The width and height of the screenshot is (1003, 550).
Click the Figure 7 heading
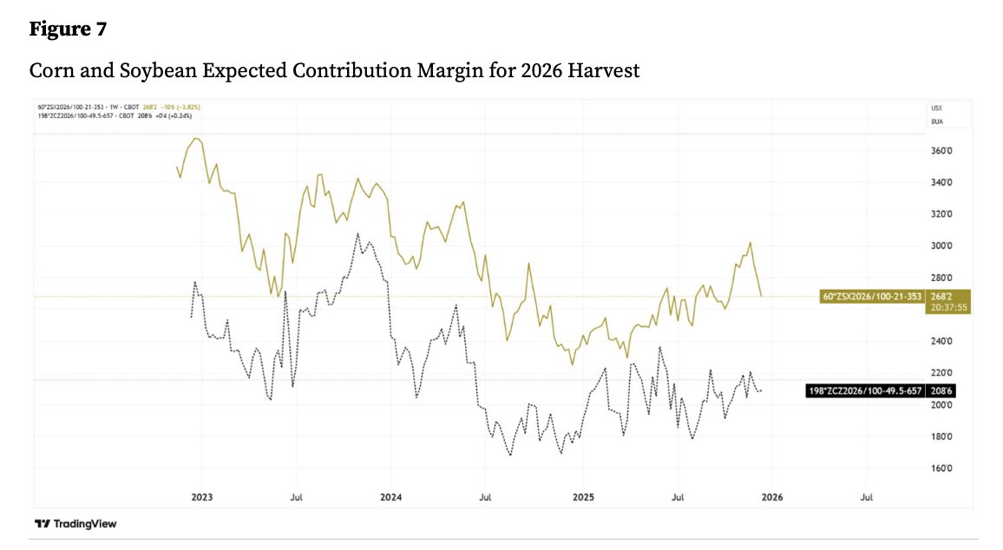pyautogui.click(x=68, y=29)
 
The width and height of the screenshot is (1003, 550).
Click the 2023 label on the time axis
pyautogui.click(x=202, y=497)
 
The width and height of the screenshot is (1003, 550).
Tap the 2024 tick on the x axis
pyautogui.click(x=390, y=497)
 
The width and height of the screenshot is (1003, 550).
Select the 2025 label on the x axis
pyautogui.click(x=583, y=497)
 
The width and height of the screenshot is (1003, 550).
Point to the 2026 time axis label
pyautogui.click(x=771, y=497)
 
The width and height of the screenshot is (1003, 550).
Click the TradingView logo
pyautogui.click(x=75, y=524)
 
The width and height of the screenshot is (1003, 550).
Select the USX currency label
pyautogui.click(x=937, y=108)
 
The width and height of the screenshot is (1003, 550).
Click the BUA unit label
pyautogui.click(x=937, y=121)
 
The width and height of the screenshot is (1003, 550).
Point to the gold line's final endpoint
pyautogui.click(x=762, y=296)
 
